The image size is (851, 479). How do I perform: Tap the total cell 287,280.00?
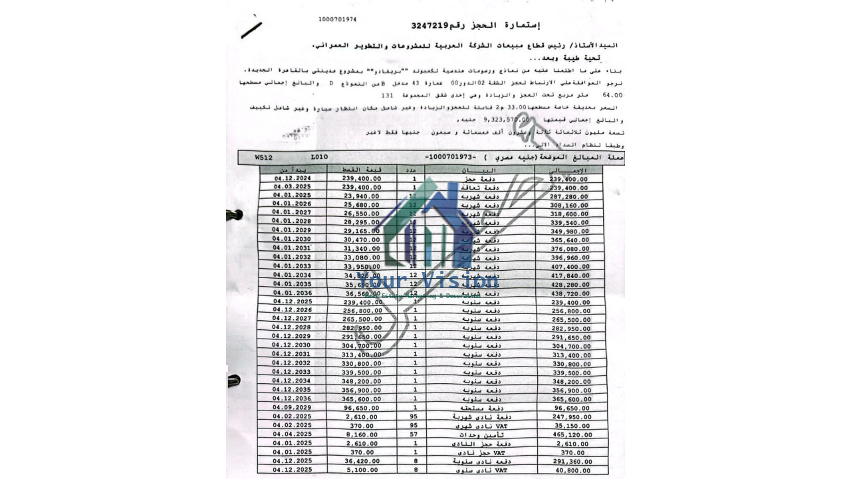[569, 197]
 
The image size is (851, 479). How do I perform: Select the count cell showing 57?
[414, 434]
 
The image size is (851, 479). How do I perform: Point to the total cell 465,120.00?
[569, 434]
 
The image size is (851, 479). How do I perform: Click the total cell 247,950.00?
[569, 416]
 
